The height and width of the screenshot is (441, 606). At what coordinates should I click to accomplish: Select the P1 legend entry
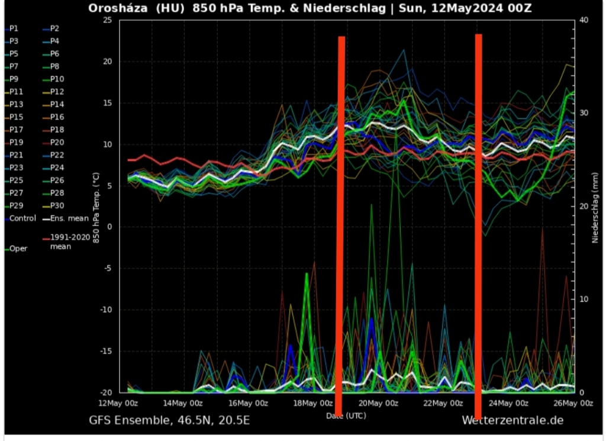point(14,28)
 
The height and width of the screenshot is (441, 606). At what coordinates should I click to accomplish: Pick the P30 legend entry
point(57,205)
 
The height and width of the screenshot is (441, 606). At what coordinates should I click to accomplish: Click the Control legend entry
point(22,218)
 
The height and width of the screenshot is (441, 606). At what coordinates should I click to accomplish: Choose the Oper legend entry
point(18,249)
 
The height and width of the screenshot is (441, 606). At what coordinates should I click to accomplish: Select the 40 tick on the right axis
point(584,20)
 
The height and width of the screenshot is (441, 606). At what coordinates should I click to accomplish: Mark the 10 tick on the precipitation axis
point(584,300)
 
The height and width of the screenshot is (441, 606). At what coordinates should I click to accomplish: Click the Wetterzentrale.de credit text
point(512,420)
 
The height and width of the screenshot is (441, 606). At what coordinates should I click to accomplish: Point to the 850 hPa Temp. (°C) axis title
point(96,207)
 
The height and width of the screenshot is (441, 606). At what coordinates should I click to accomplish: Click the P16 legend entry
point(57,117)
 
